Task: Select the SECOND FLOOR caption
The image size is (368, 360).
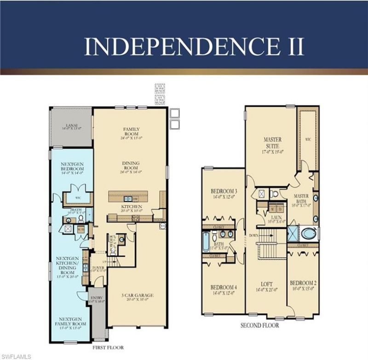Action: [259, 325]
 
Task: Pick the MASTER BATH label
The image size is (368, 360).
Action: [301, 199]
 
